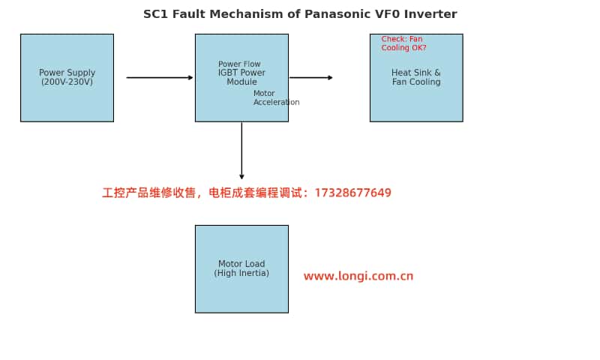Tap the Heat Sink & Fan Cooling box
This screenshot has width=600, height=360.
point(416,90)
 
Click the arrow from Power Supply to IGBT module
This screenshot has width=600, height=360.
point(160,77)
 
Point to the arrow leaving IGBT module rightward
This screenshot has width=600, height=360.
point(311,77)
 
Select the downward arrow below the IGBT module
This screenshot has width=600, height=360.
point(241,150)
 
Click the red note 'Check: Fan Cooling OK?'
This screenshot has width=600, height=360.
point(403,43)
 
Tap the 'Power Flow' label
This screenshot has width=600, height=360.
point(239,64)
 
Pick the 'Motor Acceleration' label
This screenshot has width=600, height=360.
point(276,98)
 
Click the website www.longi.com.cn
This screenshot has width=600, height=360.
point(358,276)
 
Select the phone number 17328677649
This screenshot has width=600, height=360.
point(352,193)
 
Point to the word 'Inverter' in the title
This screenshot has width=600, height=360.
point(430,14)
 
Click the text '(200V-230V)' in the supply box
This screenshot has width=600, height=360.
point(67,82)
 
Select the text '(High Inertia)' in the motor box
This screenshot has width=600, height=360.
point(241,273)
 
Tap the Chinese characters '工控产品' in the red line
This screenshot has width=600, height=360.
point(124,193)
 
